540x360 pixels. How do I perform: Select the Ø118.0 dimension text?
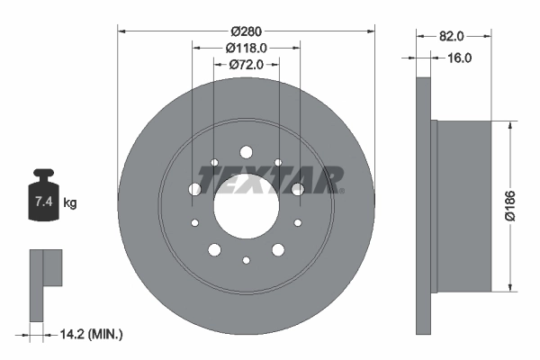(x=246, y=48)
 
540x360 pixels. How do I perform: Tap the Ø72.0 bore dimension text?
(x=246, y=64)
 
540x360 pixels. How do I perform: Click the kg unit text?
(x=70, y=202)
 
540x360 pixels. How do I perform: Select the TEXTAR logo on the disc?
(x=270, y=180)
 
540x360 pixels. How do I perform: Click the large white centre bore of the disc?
(x=246, y=207)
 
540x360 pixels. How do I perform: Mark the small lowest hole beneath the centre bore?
(x=246, y=260)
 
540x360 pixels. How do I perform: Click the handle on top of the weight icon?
(x=42, y=174)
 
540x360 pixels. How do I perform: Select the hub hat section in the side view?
(x=463, y=205)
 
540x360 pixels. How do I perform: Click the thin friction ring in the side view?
(x=423, y=205)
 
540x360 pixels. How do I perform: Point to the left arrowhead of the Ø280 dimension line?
(x=122, y=31)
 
